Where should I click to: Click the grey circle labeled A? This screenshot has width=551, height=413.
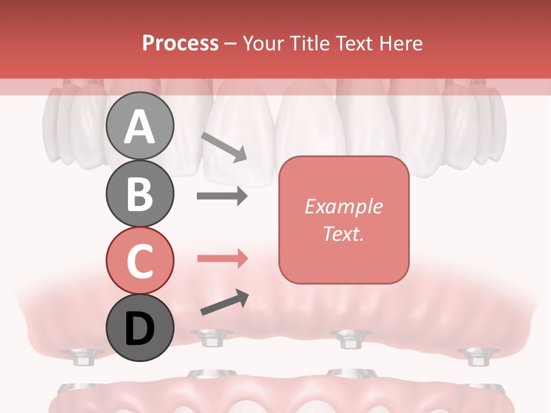click(139, 126)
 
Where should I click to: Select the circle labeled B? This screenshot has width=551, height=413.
click(139, 193)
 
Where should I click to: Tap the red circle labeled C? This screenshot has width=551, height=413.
click(139, 260)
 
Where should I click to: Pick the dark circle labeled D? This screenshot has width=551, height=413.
click(139, 328)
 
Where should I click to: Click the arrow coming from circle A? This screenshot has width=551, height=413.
click(224, 147)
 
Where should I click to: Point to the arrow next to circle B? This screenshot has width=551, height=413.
click(222, 196)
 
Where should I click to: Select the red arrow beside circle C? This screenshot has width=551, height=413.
click(222, 259)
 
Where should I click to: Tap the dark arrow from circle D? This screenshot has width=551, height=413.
click(224, 302)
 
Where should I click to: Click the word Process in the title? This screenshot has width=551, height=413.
click(180, 43)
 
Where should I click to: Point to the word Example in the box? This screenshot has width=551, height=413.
click(343, 206)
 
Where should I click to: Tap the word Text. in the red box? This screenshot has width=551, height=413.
click(343, 234)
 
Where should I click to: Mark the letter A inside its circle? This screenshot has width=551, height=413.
click(139, 127)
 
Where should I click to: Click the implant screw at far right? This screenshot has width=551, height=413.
click(475, 356)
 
